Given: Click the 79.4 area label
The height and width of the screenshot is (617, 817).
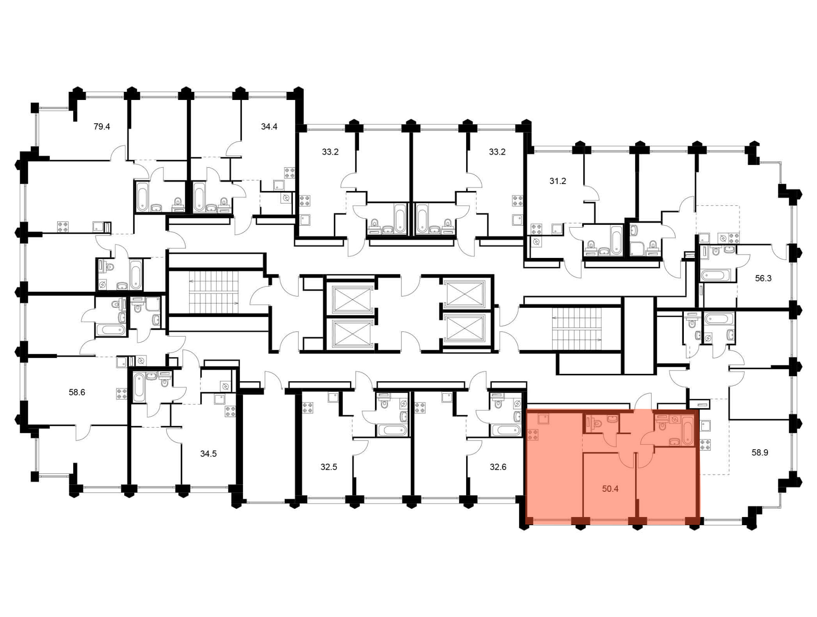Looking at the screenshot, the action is (102, 127).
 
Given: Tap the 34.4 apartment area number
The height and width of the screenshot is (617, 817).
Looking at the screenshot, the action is (269, 127).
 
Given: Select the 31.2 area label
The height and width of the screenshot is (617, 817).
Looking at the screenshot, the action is (558, 181).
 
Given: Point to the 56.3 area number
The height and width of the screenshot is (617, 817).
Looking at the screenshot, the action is (763, 278).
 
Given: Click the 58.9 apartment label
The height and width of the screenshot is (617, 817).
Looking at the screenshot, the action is (760, 453).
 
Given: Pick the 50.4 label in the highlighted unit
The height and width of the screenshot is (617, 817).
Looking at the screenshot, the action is (610, 488).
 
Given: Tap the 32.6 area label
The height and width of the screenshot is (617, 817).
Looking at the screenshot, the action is (498, 467).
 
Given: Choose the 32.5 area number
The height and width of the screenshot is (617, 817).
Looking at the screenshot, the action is (329, 467).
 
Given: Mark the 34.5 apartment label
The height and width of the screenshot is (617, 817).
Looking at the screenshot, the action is (208, 454).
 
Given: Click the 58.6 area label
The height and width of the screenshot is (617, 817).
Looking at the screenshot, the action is (77, 393).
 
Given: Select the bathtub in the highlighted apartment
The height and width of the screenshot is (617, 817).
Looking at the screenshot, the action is (687, 430).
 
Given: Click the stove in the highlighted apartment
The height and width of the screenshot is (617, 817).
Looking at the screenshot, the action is (533, 435).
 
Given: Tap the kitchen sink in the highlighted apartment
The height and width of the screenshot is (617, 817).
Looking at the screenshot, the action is (543, 419).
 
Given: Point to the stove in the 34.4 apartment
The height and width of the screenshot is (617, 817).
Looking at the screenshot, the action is (290, 173).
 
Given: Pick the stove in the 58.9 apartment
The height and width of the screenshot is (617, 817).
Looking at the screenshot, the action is (705, 445).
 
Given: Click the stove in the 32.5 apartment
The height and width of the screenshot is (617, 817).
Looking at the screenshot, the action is (308, 408).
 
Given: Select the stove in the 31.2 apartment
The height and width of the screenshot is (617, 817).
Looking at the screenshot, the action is (536, 229).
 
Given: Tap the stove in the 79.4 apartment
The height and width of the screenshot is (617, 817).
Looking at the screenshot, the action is (63, 227).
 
